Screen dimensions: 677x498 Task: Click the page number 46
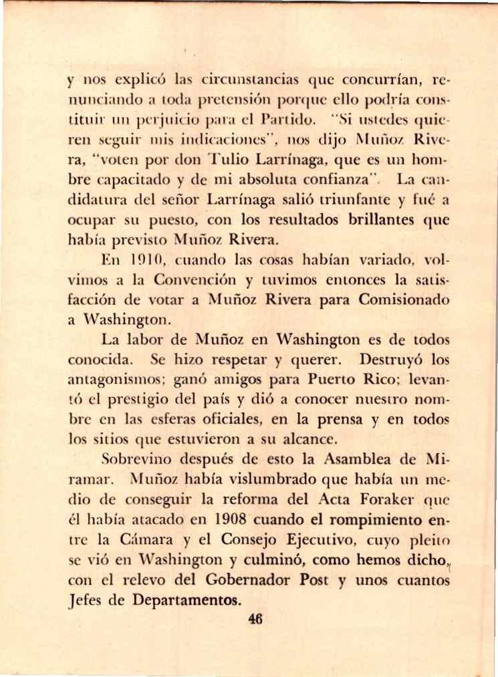[x=255, y=618]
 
